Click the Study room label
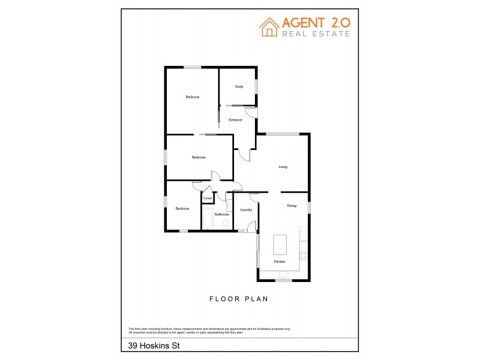click(x=239, y=87)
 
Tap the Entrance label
click(x=235, y=120)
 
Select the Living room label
click(x=283, y=167)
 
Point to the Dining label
click(x=292, y=206)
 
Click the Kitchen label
click(x=279, y=262)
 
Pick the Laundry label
click(x=245, y=210)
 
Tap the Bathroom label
click(x=222, y=214)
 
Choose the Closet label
click(x=208, y=198)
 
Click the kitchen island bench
click(x=281, y=244)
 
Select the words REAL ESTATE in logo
click(x=316, y=34)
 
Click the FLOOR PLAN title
click(x=238, y=298)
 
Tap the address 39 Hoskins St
click(x=149, y=346)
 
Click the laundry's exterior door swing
click(x=253, y=226)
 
